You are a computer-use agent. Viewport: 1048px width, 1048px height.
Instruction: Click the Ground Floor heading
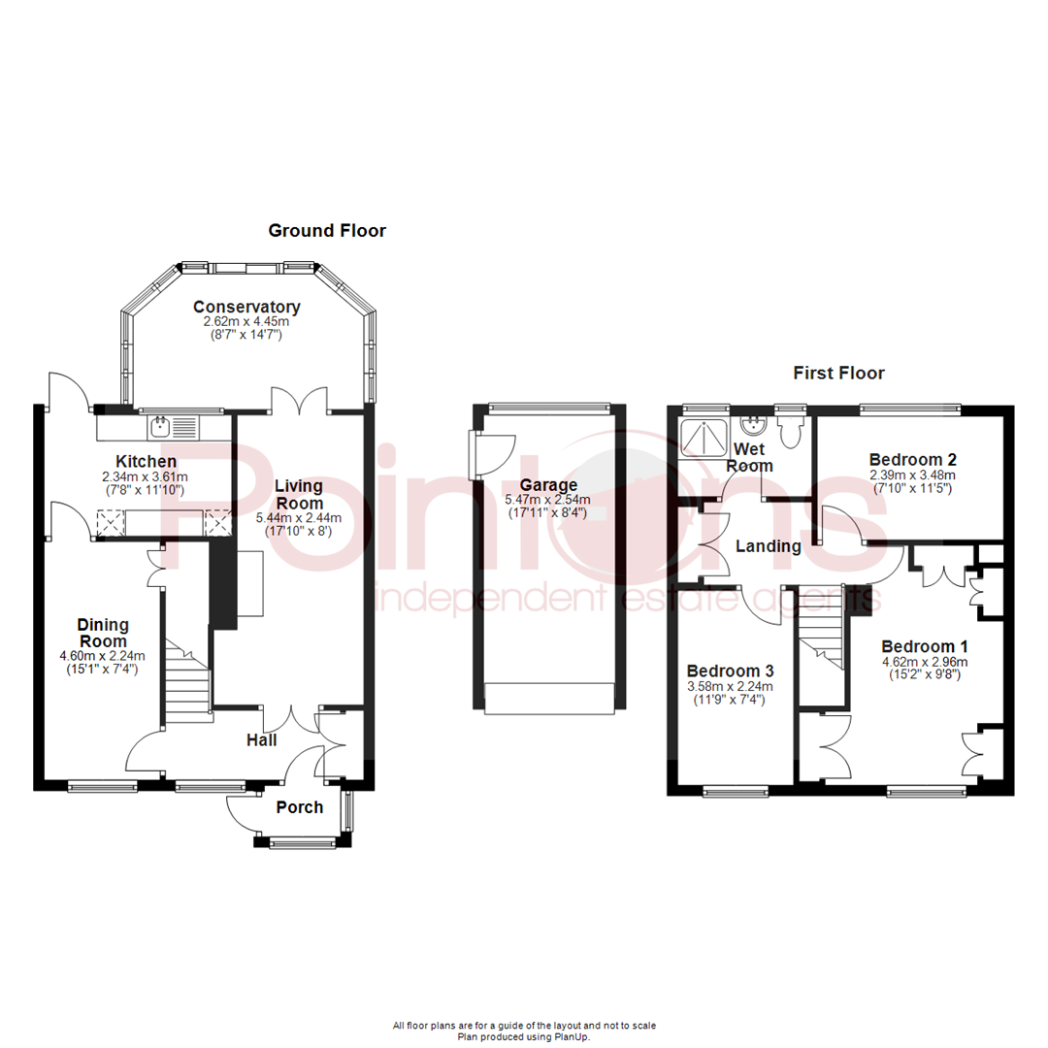327,231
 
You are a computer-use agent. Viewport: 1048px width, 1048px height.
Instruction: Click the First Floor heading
838,373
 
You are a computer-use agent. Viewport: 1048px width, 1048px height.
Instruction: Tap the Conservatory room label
246,307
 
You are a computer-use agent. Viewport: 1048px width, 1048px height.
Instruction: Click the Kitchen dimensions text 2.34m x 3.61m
146,477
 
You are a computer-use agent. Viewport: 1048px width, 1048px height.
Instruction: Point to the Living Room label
301,494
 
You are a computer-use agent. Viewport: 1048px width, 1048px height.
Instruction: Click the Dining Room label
103,634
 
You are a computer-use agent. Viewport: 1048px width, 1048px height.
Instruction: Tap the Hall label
261,740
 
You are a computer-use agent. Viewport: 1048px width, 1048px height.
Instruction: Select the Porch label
300,807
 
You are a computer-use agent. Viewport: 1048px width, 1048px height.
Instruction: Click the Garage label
547,485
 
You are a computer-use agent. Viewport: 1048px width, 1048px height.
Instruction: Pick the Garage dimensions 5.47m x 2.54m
547,500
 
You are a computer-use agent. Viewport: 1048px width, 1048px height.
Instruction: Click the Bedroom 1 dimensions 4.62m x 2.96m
924,663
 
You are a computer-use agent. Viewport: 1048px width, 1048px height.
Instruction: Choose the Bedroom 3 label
730,671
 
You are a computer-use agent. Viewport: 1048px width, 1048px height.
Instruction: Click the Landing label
768,546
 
